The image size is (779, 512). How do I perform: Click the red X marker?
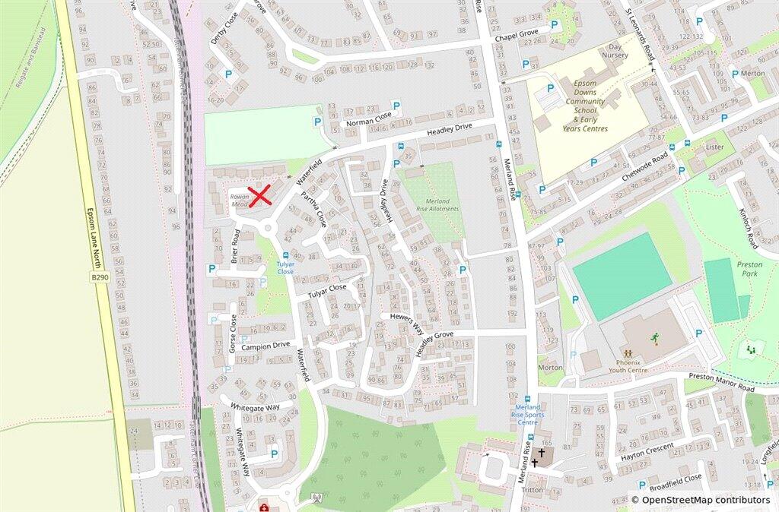point(260,195)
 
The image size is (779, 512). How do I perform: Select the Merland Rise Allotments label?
point(437,205)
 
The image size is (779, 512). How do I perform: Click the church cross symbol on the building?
point(541,453)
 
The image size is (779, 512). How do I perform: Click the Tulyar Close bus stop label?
point(285,267)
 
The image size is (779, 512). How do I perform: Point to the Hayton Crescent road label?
point(647,452)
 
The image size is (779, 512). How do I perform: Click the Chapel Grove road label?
point(516,37)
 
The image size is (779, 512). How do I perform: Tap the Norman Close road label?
point(368,120)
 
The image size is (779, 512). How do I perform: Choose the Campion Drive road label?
point(265,346)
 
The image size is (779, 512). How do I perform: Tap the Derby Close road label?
point(224,28)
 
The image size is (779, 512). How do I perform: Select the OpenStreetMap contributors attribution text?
point(705,500)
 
